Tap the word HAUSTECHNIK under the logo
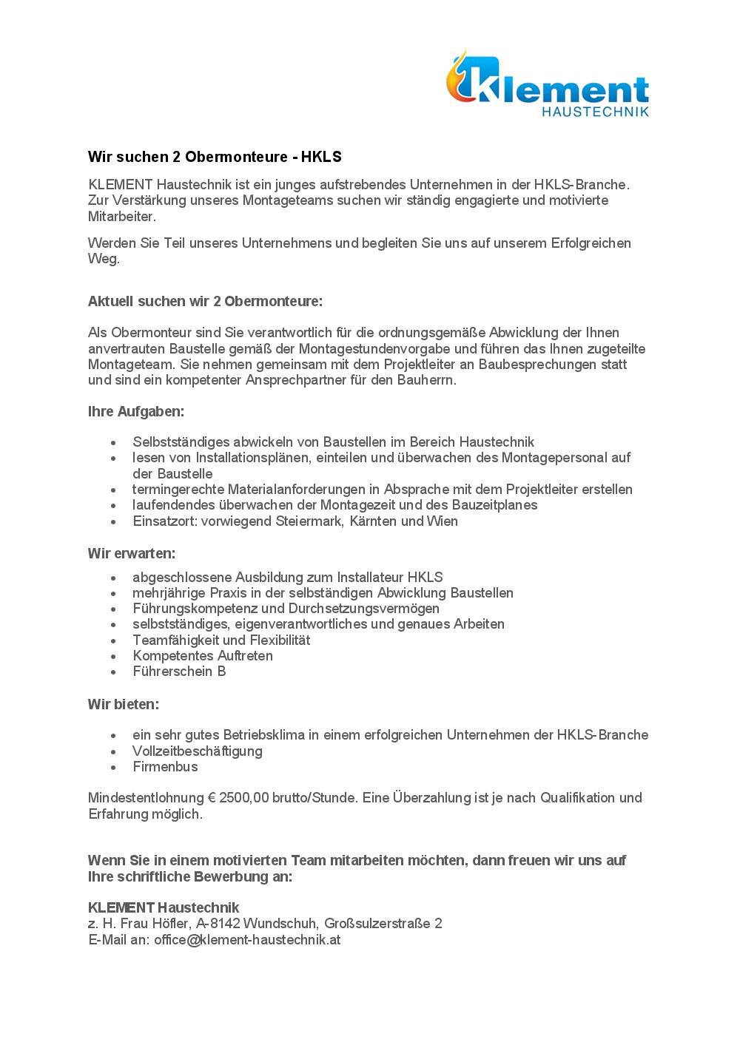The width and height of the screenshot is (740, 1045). point(595,112)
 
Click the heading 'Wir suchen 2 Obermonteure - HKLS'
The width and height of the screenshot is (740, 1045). point(215,157)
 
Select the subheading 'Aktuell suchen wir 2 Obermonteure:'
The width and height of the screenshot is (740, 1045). point(205,302)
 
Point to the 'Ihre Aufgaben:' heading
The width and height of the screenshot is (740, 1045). point(135,411)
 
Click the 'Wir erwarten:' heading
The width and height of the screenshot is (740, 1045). point(132,553)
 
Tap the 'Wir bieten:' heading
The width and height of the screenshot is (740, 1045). point(124,704)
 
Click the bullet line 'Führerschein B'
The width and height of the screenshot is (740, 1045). point(179,672)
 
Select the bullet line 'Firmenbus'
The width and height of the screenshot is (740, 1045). point(165,767)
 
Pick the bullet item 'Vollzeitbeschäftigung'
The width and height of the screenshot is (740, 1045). point(197,751)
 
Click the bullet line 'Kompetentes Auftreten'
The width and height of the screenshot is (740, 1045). point(202,656)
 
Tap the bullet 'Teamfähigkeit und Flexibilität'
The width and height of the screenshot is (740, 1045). point(221,640)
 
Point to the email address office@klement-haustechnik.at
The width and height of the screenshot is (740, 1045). point(247,940)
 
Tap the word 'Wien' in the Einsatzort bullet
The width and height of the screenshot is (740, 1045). point(442,521)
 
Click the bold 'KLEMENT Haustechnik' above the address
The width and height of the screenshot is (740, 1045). point(164,907)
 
